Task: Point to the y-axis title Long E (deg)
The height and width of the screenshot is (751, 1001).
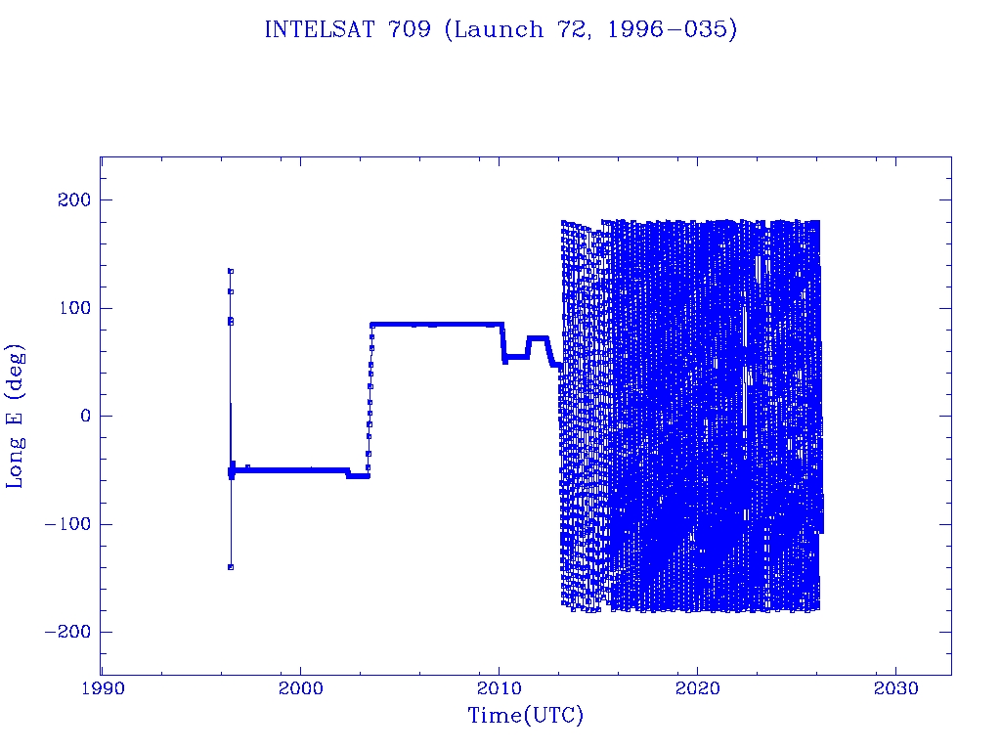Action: (16, 416)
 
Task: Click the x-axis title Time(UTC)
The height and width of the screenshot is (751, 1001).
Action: (525, 716)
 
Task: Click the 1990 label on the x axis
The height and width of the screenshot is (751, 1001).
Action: (103, 688)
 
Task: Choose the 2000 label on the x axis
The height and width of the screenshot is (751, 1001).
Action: (301, 688)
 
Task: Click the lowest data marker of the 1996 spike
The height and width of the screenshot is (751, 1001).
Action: (231, 567)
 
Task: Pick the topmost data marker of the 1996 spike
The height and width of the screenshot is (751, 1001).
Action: (231, 271)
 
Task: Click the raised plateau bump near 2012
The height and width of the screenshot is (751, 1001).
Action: (538, 339)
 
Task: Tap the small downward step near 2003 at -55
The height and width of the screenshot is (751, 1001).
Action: (357, 476)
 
